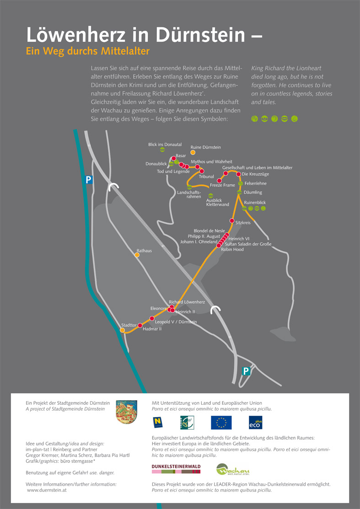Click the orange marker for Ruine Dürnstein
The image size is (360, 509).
[193, 152]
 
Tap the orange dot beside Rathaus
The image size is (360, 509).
[137, 255]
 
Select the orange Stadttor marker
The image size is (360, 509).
[123, 330]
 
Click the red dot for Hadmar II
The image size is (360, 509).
[140, 325]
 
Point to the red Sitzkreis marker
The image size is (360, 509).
[232, 221]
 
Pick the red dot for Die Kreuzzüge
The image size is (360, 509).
[238, 174]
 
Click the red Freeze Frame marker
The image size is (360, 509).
[219, 181]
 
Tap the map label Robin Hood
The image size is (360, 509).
[232, 250]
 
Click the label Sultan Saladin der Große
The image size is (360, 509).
[248, 244]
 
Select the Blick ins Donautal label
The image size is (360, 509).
[165, 145]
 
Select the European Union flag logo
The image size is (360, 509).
[221, 422]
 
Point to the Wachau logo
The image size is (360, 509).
[232, 469]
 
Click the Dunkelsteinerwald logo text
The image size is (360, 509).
[176, 466]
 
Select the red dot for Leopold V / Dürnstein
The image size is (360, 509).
[152, 318]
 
